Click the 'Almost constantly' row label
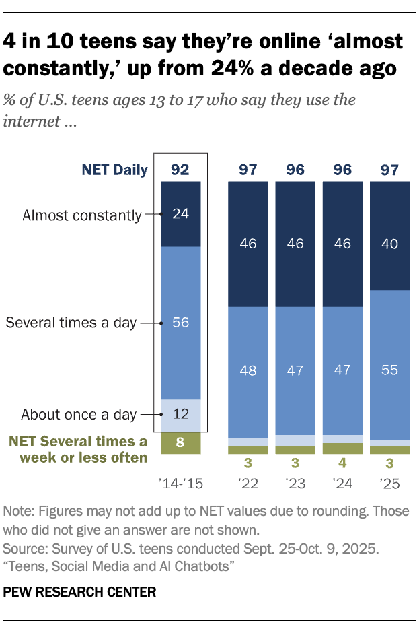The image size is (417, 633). pyautogui.click(x=81, y=215)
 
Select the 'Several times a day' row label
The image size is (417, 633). pyautogui.click(x=71, y=323)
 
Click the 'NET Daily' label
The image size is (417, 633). pyautogui.click(x=114, y=170)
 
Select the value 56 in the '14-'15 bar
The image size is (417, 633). pyautogui.click(x=180, y=323)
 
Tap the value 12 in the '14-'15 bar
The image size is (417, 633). pyautogui.click(x=180, y=413)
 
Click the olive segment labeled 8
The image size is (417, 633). pyautogui.click(x=180, y=443)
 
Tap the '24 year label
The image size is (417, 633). pyautogui.click(x=343, y=483)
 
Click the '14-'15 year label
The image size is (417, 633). pyautogui.click(x=180, y=483)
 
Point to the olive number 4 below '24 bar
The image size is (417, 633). pyautogui.click(x=343, y=463)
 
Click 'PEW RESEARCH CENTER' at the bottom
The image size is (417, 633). pyautogui.click(x=80, y=592)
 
